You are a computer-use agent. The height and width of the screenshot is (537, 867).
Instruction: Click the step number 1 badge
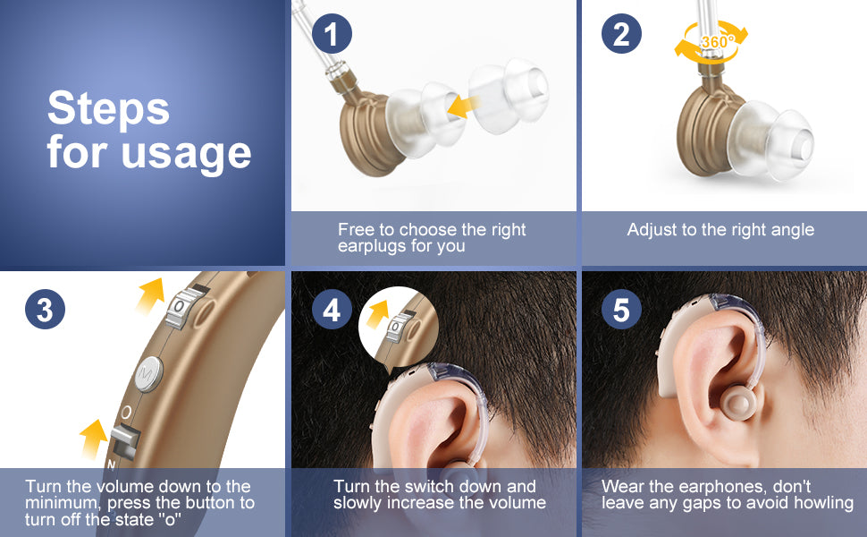pyautogui.click(x=332, y=35)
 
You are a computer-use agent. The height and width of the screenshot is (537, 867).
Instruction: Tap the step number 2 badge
pyautogui.click(x=621, y=35)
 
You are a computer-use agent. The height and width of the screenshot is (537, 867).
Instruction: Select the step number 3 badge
pyautogui.click(x=45, y=310)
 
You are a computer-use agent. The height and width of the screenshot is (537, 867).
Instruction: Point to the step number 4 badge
pyautogui.click(x=332, y=311)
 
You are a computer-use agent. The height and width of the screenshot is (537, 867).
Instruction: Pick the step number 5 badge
pyautogui.click(x=621, y=311)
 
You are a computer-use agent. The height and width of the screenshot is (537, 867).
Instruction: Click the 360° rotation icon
pyautogui.click(x=711, y=40)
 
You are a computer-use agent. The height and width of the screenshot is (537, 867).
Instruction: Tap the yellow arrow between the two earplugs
pyautogui.click(x=461, y=107)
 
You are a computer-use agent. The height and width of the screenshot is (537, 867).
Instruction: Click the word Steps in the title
pyautogui.click(x=108, y=109)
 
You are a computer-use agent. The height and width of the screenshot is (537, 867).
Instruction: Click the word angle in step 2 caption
pyautogui.click(x=791, y=230)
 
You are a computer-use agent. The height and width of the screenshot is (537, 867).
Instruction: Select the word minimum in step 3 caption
pyautogui.click(x=60, y=503)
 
